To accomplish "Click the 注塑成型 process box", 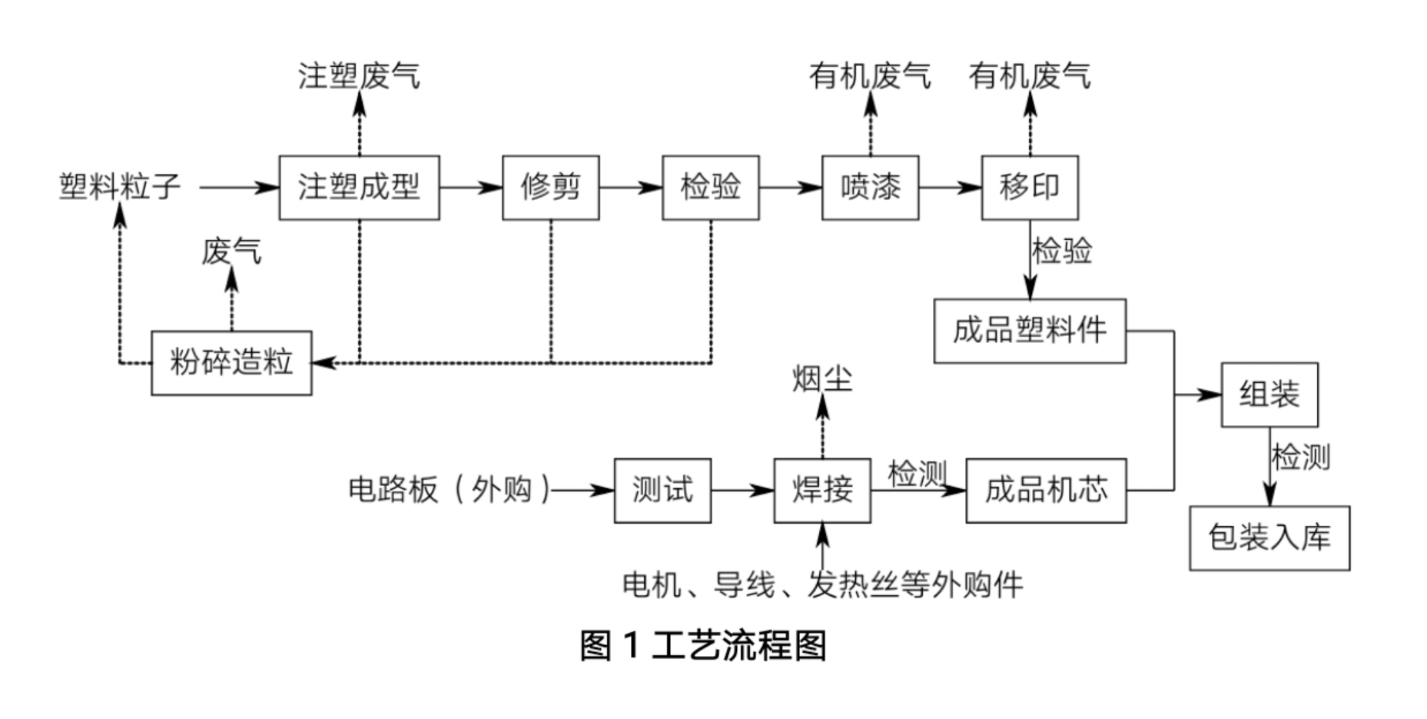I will pos(359,188).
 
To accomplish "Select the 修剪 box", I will pos(550,188).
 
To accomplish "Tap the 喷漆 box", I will pos(870,188).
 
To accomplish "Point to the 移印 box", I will pos(1030,188).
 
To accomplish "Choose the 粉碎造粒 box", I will pos(231,363).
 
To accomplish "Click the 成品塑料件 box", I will pos(1030,331).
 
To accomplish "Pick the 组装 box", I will pos(1269,395).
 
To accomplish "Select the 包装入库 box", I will pos(1269,538).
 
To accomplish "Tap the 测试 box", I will pos(662,491).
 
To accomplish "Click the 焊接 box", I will pos(822,491).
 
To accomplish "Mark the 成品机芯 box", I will pos(1046,491).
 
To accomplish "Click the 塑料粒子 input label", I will pos(120,187).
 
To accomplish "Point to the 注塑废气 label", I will pos(359,76).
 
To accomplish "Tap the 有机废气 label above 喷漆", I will pos(870,76).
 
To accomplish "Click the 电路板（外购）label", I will pos(450,490).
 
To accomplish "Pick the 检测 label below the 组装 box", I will pos(1300,458).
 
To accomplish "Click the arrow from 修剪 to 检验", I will pos(631,188).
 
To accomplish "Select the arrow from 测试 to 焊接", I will pos(742,491).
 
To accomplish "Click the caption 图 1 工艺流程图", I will pos(702,645).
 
